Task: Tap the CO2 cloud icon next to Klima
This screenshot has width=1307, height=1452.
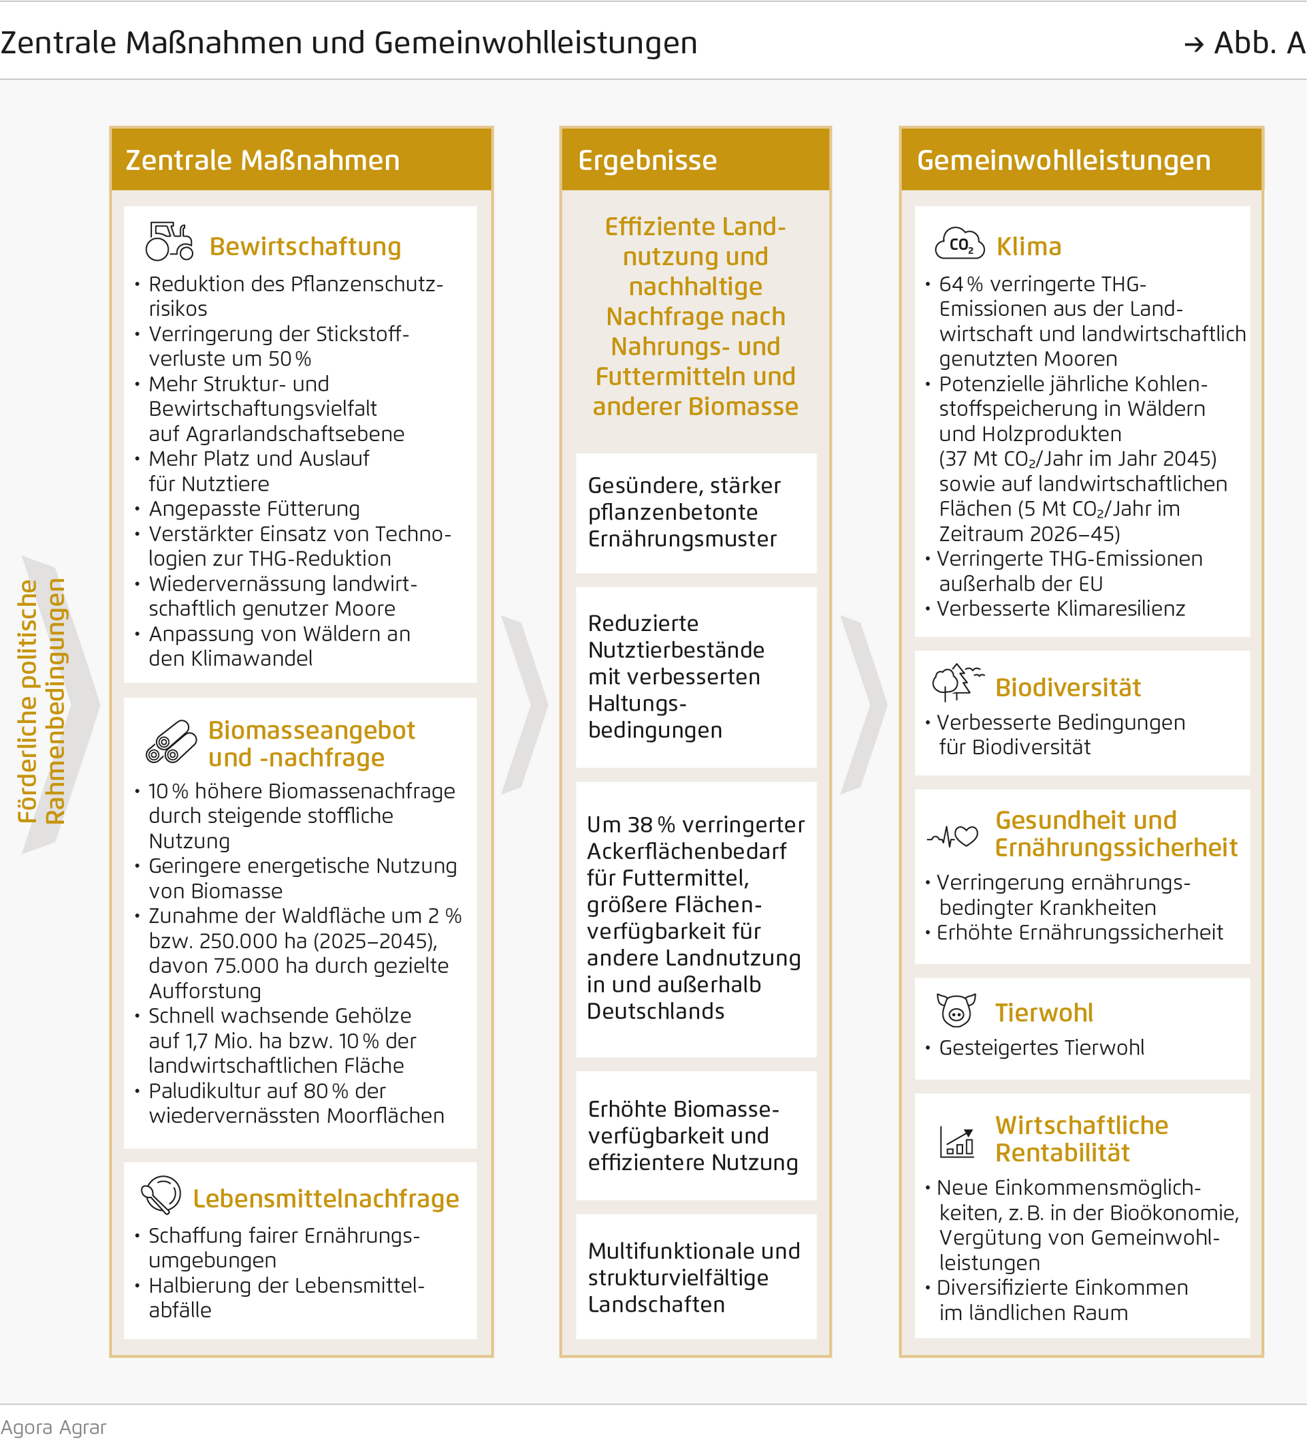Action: click(959, 244)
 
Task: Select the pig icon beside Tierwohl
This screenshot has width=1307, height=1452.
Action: click(956, 1010)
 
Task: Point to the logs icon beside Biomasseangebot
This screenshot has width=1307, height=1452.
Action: click(171, 742)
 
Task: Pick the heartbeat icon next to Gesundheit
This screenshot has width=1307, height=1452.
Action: click(953, 836)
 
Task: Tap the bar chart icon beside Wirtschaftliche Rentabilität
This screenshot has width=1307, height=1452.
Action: click(956, 1141)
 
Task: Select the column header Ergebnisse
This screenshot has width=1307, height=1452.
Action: click(647, 160)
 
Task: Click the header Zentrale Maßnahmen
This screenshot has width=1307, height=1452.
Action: click(262, 160)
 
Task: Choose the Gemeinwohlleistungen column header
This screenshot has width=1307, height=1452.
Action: click(1063, 160)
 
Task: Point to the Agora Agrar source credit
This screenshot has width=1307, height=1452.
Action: click(53, 1427)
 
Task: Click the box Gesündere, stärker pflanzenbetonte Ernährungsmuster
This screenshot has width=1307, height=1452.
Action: click(696, 512)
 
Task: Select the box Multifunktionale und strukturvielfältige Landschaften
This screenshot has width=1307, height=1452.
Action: click(696, 1278)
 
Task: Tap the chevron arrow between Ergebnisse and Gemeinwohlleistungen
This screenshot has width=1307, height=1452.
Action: click(865, 705)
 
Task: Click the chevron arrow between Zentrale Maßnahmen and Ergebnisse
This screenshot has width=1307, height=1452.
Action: click(525, 705)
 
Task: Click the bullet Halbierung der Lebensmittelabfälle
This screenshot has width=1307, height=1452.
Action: click(286, 1297)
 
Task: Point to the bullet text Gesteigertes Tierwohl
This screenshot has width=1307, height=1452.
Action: click(1042, 1048)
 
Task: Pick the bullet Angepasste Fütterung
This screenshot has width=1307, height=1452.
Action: click(253, 509)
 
